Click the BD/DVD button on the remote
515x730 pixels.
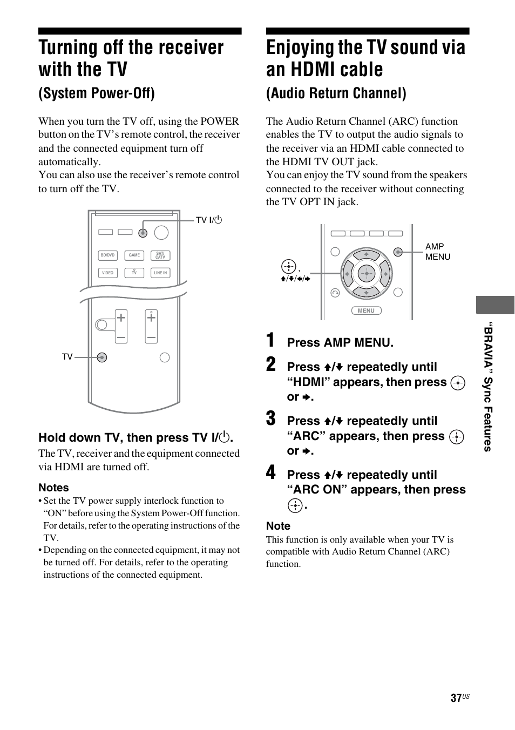pos(107,255)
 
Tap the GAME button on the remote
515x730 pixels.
pos(134,255)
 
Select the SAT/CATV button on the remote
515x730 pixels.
pos(160,255)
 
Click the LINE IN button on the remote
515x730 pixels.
pos(160,273)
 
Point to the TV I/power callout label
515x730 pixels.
pos(209,220)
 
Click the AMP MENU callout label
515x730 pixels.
pos(437,252)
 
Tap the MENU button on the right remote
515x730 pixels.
pos(366,310)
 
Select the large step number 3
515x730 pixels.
pos(271,419)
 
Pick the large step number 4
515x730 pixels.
pos(271,473)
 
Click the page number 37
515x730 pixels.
pos(456,698)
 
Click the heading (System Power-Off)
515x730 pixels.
pos(97,93)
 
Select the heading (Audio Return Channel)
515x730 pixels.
pos(336,93)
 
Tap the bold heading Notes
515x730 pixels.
pos(53,488)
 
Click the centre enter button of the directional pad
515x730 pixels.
pos(366,273)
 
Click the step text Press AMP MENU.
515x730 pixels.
pos(340,342)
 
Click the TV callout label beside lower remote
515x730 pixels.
pos(67,357)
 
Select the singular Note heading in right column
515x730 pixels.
pos(278,526)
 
